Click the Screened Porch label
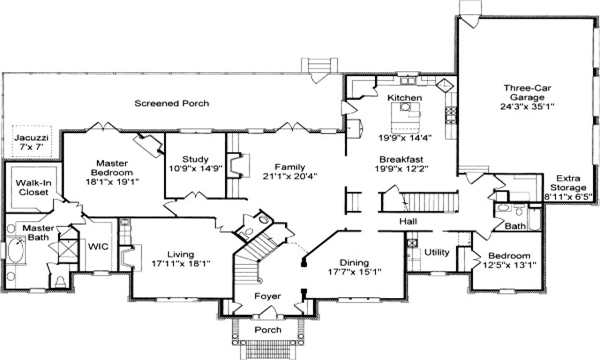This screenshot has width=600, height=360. (172, 103)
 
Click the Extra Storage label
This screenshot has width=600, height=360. (568, 183)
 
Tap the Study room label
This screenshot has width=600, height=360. (195, 159)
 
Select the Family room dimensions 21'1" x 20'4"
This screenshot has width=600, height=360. (290, 176)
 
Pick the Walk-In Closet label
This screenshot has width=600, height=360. (32, 187)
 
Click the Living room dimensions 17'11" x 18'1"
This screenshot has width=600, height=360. (180, 263)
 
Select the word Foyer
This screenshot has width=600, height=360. (268, 296)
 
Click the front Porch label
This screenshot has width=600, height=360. (268, 330)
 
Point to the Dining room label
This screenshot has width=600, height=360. (354, 262)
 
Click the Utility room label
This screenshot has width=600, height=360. (437, 252)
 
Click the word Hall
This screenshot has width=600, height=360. (408, 221)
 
